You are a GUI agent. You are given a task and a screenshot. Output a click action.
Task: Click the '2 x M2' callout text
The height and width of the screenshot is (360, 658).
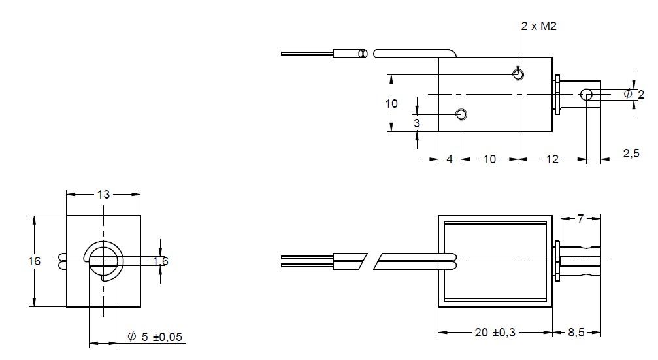539,26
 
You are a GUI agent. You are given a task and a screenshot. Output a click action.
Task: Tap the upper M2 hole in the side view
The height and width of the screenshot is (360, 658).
518,74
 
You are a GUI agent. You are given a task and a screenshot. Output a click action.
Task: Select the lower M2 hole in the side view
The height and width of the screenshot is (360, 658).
461,114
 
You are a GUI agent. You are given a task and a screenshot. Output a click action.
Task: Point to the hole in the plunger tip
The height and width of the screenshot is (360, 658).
586,95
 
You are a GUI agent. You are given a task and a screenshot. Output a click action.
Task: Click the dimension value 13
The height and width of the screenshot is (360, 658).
104,195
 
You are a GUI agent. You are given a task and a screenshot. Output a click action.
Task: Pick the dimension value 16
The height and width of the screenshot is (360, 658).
35,261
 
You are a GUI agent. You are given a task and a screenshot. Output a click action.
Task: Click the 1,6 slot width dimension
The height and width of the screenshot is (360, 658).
160,261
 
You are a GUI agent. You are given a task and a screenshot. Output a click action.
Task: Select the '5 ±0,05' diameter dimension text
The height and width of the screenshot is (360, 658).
162,336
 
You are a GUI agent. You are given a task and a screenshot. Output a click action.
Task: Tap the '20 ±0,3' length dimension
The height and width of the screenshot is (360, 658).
495,333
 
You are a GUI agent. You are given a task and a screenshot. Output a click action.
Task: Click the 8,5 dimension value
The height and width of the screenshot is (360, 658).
576,333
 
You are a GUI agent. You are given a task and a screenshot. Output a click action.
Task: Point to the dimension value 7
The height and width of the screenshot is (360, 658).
580,219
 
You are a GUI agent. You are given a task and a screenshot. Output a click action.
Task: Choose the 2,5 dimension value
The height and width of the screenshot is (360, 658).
631,154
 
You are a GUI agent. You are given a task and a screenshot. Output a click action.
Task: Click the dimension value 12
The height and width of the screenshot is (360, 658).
552,159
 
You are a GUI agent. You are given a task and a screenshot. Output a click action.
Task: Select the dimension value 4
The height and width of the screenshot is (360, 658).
450,159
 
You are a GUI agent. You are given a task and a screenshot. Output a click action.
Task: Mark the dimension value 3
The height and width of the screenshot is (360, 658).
417,123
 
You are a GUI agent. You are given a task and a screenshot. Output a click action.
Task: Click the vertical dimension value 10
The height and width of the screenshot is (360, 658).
391,104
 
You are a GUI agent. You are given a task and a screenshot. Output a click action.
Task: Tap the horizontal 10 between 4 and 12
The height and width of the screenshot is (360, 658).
489,159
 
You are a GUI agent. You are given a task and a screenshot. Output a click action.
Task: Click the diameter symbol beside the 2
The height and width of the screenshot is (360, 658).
628,94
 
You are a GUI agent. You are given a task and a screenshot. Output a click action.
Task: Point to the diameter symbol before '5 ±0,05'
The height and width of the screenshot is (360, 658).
132,336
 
